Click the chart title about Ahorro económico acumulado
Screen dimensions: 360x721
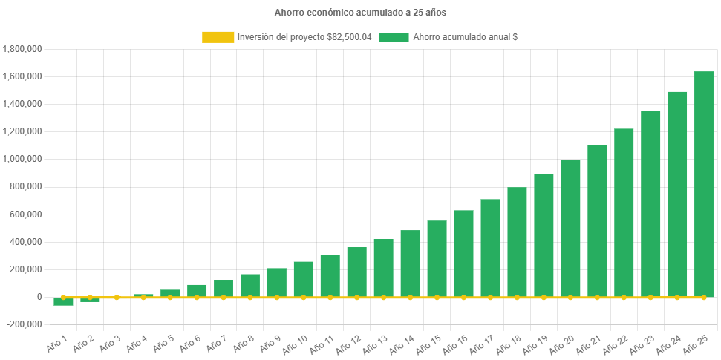pos(360,13)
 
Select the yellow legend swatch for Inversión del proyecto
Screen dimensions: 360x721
pos(217,37)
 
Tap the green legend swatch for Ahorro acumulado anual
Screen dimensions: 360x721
pos(394,37)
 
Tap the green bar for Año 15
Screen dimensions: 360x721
pos(437,259)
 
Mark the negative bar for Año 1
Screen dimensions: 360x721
pos(63,301)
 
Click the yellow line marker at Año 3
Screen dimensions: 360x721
pos(117,297)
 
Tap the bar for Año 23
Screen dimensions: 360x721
pos(650,204)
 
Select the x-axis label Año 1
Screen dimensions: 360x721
pos(57,342)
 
